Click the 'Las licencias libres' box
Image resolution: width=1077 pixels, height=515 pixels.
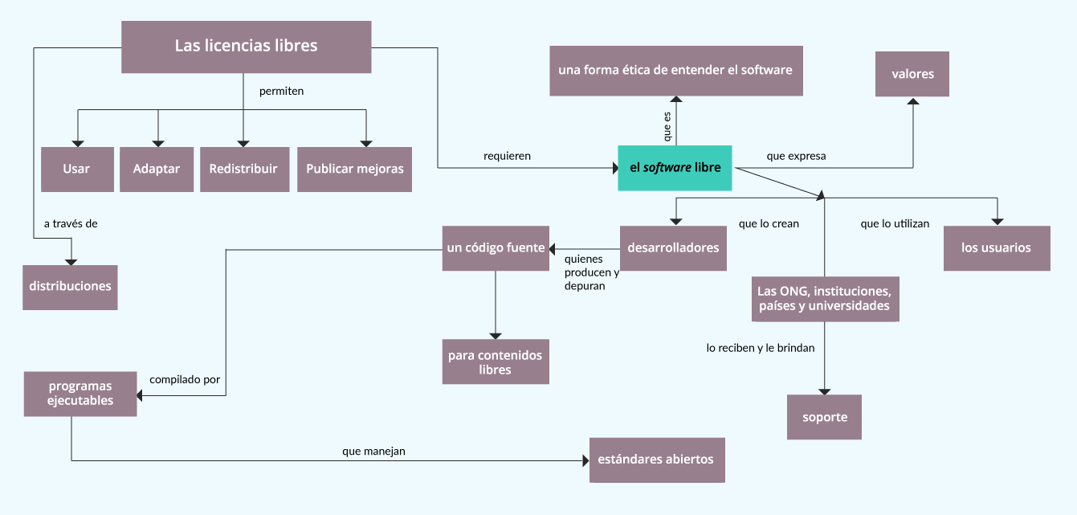tap(246, 47)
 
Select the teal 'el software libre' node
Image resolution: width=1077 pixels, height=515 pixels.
tap(675, 168)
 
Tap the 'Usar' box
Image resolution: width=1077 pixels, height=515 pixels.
tap(77, 169)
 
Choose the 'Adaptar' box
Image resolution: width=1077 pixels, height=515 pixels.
tap(157, 169)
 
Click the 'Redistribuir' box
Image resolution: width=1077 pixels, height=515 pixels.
tap(244, 169)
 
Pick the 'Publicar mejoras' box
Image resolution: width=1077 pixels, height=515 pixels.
tap(354, 169)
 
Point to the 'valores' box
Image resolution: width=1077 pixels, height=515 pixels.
tap(912, 74)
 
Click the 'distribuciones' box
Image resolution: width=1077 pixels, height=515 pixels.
tap(70, 287)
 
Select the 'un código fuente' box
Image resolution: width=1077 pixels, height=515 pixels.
tap(496, 248)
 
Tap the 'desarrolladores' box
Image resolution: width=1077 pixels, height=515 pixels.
tap(673, 248)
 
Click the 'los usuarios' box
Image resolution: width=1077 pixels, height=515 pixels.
tap(996, 248)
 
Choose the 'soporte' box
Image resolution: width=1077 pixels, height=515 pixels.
tap(824, 417)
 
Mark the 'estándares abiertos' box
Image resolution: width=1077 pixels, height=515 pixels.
tap(656, 460)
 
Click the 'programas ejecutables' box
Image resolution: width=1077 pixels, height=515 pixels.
tap(80, 394)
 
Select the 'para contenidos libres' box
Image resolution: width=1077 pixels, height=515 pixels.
tap(496, 362)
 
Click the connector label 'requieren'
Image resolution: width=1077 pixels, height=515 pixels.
tap(507, 156)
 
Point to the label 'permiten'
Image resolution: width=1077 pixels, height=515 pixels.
tap(281, 91)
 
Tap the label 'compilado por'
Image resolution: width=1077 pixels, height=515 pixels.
tap(185, 379)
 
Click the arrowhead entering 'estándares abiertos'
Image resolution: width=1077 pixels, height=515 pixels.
tap(585, 460)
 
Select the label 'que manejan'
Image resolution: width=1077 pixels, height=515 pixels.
tap(373, 452)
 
